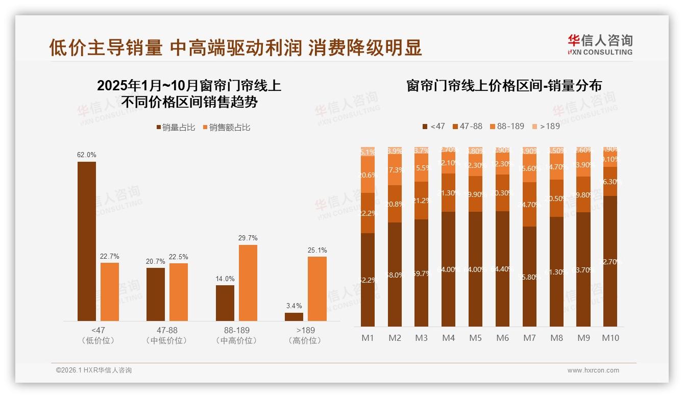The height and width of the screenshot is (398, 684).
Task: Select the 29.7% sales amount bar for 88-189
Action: click(x=248, y=283)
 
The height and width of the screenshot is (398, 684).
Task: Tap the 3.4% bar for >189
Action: click(x=294, y=317)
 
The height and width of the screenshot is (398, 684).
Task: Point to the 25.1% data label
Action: click(x=317, y=250)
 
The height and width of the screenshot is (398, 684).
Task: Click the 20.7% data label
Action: click(x=156, y=261)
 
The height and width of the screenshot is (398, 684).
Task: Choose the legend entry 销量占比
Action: click(x=176, y=128)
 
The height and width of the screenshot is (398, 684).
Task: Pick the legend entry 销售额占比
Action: click(x=227, y=128)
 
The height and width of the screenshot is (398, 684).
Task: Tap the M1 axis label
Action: click(x=368, y=338)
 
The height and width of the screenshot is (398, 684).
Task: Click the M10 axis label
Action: click(x=610, y=338)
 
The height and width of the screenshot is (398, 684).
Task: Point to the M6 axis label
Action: click(x=502, y=338)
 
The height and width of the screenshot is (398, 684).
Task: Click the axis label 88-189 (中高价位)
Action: click(x=236, y=335)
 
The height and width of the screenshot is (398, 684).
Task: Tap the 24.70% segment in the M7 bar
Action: click(x=529, y=204)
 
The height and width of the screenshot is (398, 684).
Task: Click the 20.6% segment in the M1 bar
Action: click(x=368, y=175)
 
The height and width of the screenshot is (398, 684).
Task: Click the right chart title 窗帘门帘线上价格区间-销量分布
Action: click(x=504, y=85)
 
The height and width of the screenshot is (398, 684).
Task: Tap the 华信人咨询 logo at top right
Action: click(x=600, y=44)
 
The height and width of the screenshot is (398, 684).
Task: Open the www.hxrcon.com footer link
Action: click(x=593, y=370)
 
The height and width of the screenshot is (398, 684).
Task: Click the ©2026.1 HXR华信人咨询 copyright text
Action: click(x=93, y=370)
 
